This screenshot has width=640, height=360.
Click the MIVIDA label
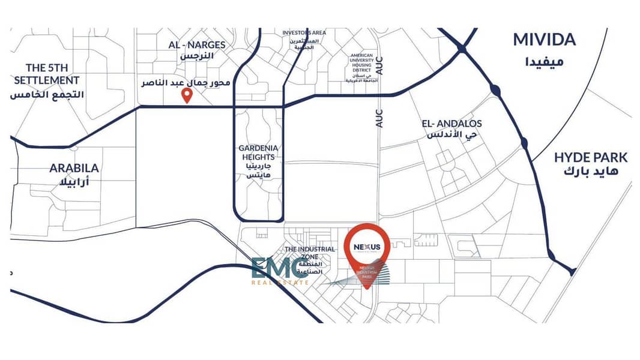(544, 40)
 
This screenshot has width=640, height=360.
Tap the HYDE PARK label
(590, 158)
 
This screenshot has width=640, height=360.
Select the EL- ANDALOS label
(451, 124)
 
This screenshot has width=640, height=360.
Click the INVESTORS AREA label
(304, 32)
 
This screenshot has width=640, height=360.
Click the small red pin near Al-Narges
(187, 96)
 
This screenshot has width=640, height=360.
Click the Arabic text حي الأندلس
(451, 136)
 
